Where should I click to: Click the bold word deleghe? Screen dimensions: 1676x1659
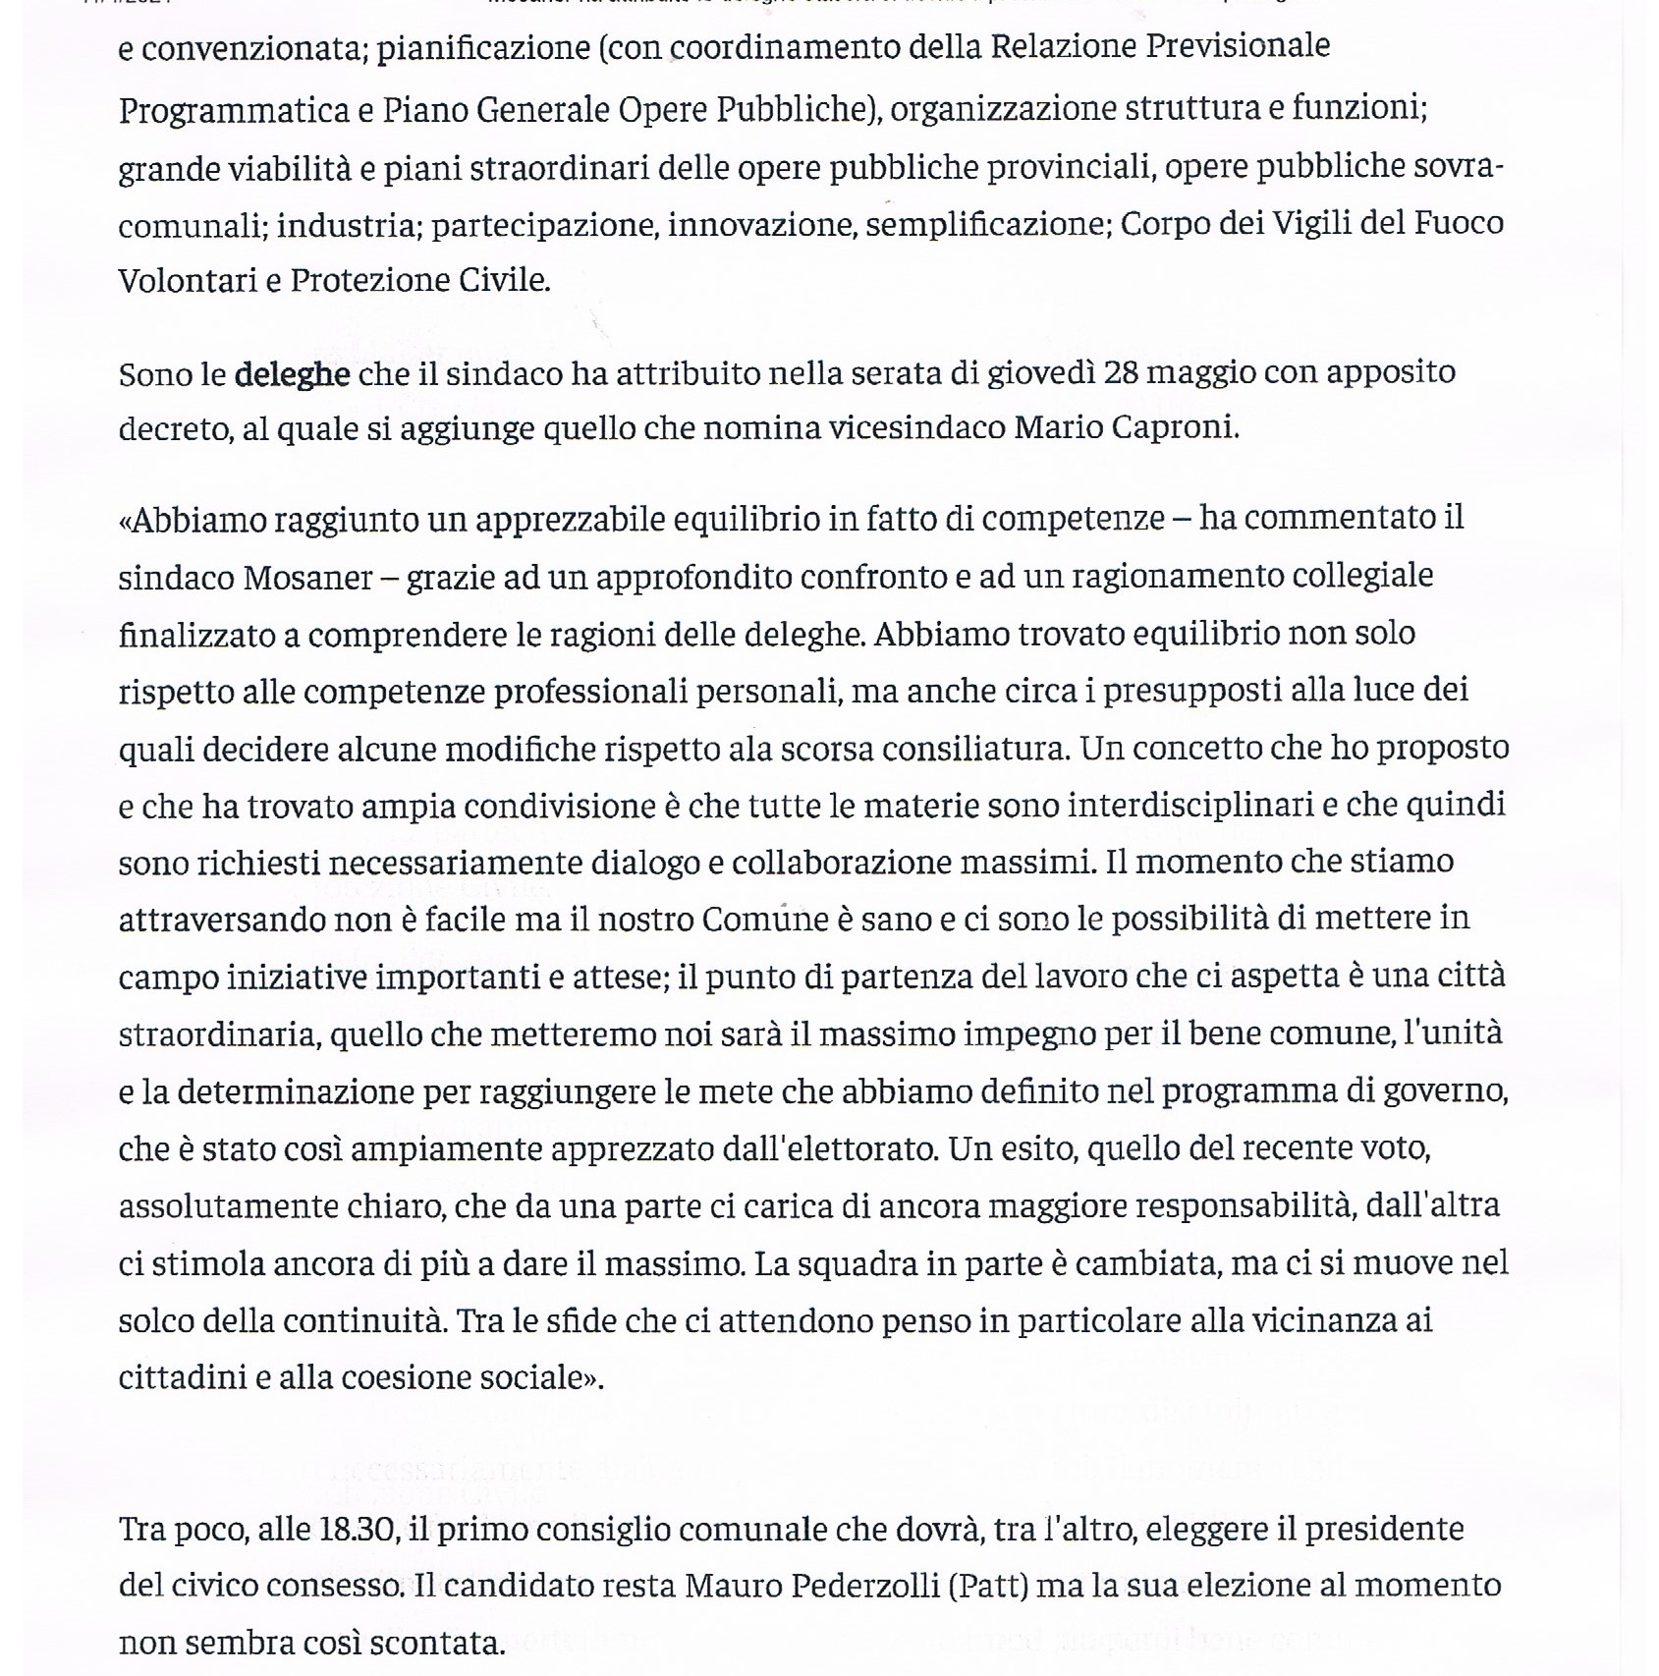click(292, 374)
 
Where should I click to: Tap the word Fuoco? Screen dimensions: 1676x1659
click(1459, 224)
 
